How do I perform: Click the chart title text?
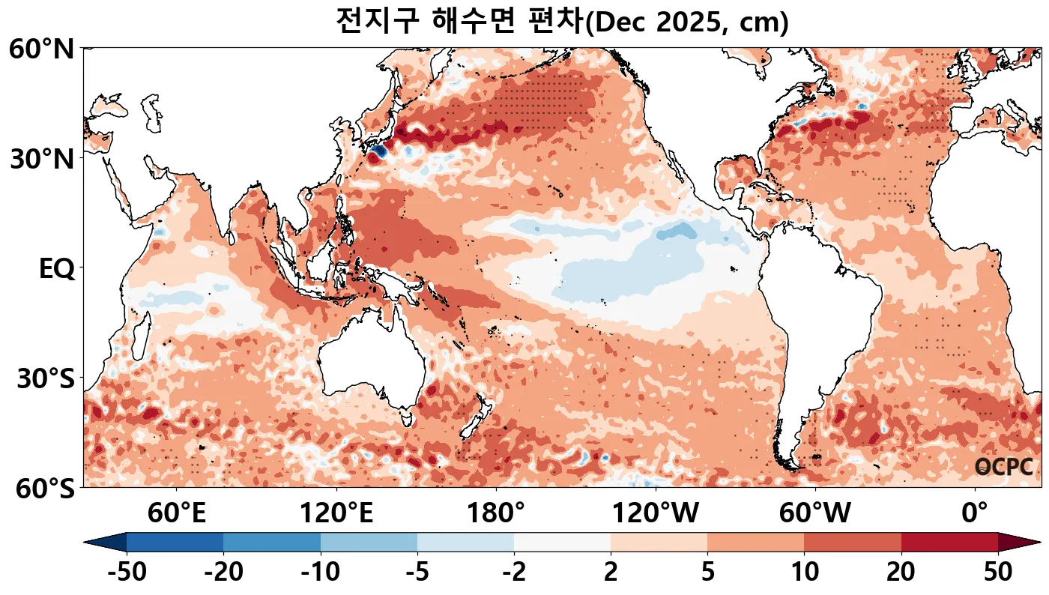point(562,21)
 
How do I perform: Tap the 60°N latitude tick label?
point(42,50)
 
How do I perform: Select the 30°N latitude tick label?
point(42,159)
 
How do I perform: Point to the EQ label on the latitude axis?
point(56,269)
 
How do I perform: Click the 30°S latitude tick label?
point(45,379)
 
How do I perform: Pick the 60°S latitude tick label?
point(42,489)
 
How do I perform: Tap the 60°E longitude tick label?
point(177,514)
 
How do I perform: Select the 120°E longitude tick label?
point(336,514)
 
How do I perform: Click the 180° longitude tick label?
point(496,514)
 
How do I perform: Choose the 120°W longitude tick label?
point(656,514)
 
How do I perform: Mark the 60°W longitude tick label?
point(815,514)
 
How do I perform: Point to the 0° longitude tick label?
point(975,514)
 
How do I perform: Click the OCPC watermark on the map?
point(1004,467)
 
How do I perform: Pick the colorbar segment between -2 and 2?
point(562,542)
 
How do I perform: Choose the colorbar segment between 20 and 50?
point(949,542)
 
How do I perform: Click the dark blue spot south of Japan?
point(378,151)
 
